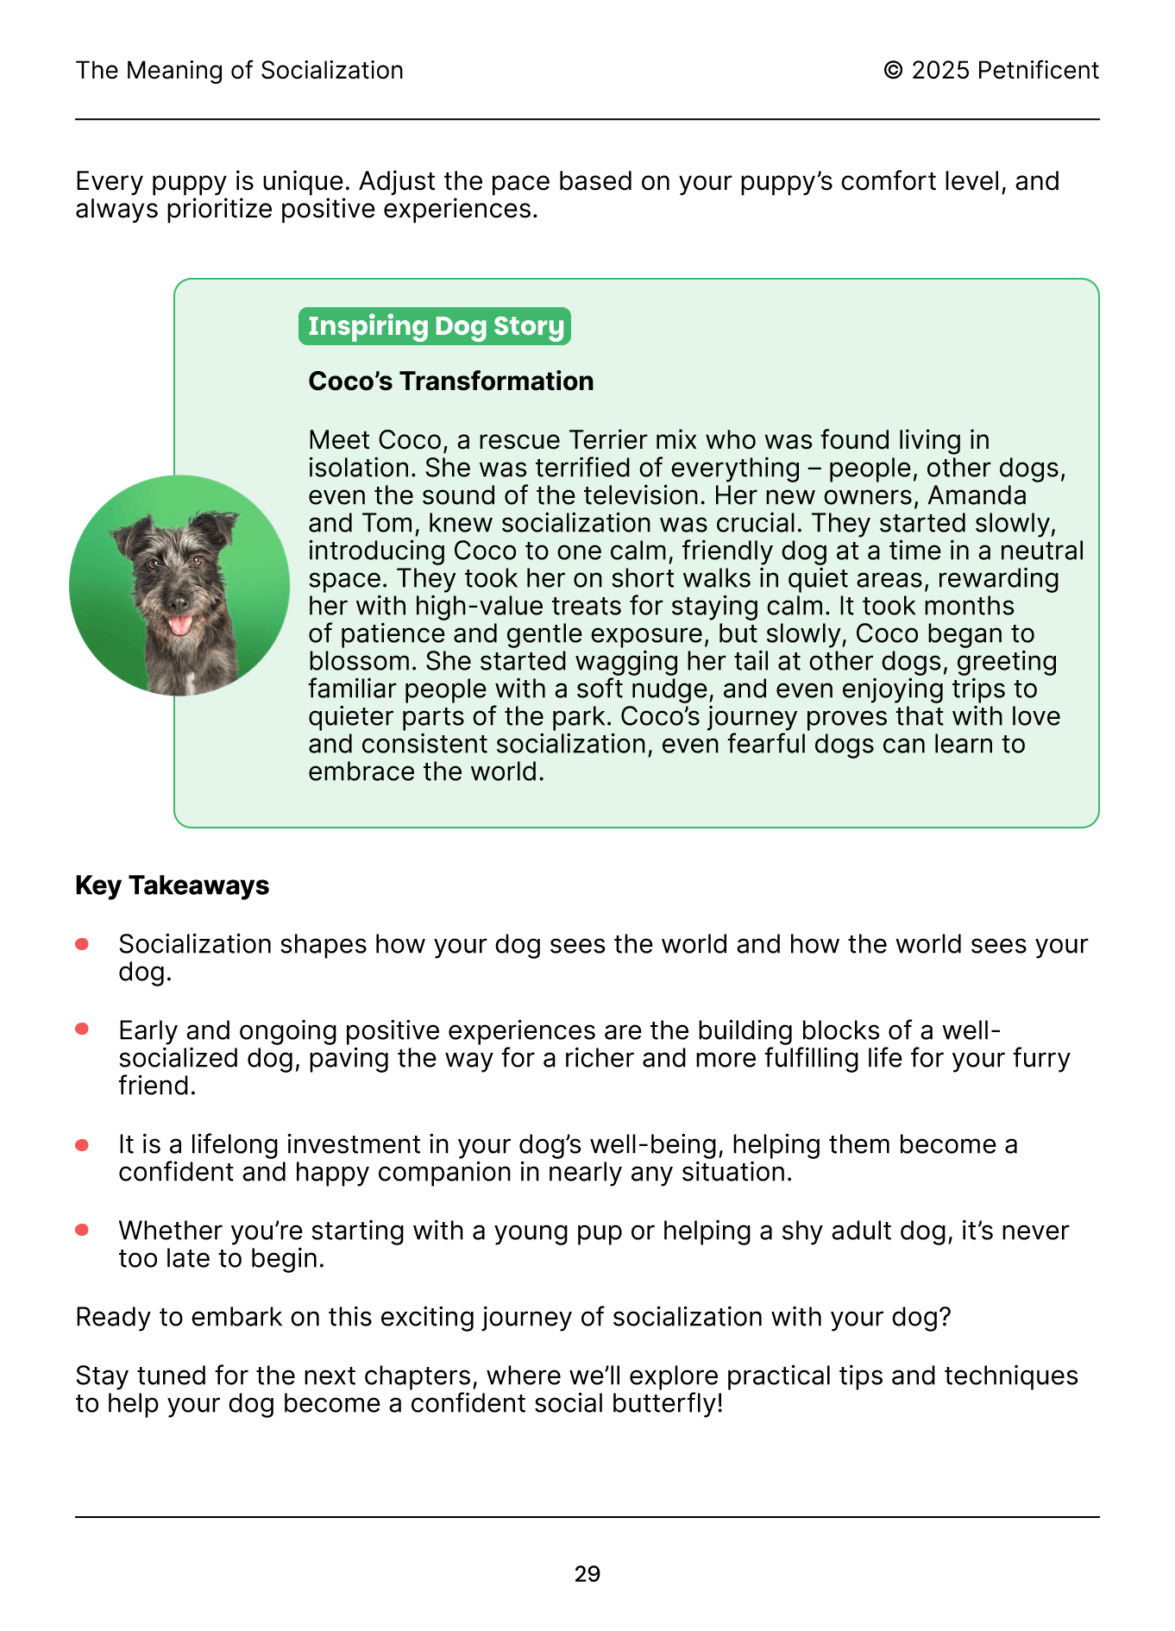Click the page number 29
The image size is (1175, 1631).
click(587, 1574)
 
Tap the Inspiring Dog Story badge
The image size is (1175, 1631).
click(435, 326)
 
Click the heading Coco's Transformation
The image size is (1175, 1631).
click(450, 381)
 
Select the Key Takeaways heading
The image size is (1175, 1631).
click(172, 885)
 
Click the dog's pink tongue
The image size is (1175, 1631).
click(180, 623)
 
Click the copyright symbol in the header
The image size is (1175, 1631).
click(893, 71)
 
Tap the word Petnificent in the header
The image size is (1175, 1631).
click(1038, 71)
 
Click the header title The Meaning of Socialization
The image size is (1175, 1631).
click(239, 71)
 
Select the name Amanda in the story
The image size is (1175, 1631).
click(977, 495)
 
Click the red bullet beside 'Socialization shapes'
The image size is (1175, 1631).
click(82, 944)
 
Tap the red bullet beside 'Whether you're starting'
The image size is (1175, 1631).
click(82, 1231)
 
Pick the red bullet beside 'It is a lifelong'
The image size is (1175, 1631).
click(82, 1144)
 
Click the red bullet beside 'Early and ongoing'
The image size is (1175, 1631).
click(82, 1030)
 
